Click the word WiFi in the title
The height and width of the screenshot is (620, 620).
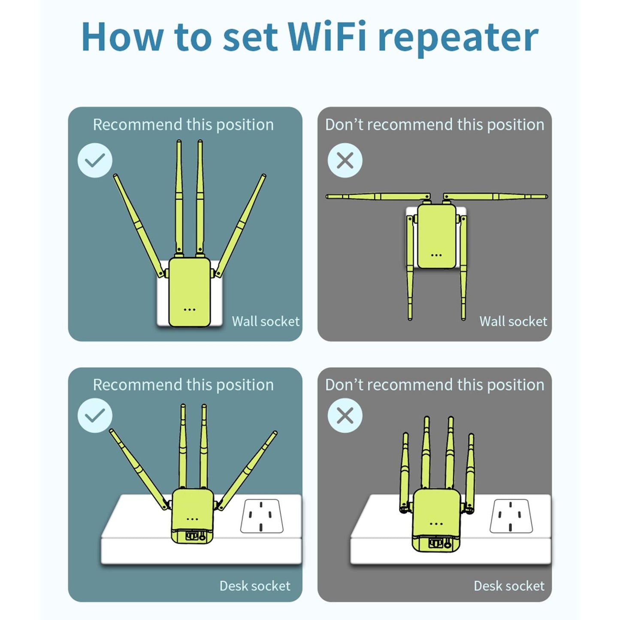point(327,37)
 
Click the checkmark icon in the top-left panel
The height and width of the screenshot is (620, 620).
point(95,160)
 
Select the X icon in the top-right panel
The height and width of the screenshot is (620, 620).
point(345,160)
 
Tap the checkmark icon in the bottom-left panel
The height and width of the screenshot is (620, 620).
point(95,415)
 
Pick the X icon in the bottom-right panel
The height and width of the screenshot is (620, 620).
point(345,415)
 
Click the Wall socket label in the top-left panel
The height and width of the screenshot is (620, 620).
point(266,321)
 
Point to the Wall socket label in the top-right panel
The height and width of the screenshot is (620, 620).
point(513,321)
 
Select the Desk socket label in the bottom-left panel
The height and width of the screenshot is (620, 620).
point(255,586)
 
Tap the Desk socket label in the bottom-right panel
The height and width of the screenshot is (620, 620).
point(509,586)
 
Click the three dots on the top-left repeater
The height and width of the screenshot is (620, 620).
point(190,309)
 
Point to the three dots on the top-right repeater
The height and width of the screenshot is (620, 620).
point(436,255)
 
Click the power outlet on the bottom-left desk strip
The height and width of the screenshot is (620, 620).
point(261,516)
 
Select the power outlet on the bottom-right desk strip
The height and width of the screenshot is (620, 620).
point(511,516)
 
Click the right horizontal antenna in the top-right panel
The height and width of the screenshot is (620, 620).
point(496,197)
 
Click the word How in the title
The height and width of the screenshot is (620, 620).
point(122,37)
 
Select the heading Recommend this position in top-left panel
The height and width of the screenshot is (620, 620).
point(183,125)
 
